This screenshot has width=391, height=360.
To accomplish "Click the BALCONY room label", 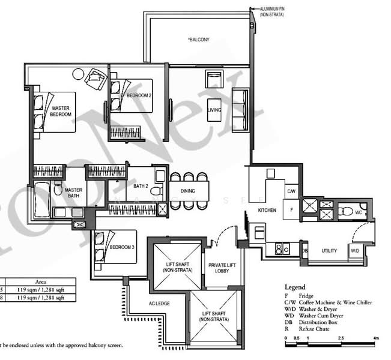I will (198, 40).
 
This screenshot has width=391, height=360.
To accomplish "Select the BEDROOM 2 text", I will (139, 96).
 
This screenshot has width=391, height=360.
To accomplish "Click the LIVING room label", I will (214, 110).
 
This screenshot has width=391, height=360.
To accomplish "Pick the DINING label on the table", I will (187, 191).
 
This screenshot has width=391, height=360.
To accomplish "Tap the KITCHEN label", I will (267, 211).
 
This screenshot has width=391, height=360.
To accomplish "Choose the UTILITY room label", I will (329, 250).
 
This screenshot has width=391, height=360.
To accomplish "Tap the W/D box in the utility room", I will (354, 250).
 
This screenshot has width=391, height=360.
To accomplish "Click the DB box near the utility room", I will (305, 250).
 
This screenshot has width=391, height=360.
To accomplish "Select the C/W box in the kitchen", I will (291, 191).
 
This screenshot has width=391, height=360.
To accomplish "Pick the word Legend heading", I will (295, 287).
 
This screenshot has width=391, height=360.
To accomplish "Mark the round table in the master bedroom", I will (78, 74).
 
